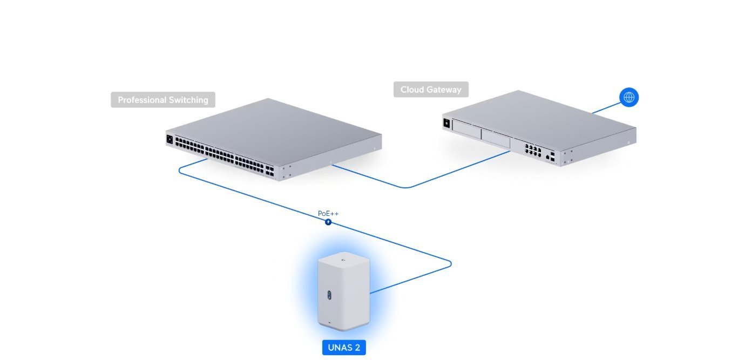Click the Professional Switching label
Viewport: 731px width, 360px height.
click(163, 100)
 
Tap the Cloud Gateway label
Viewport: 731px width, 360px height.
click(431, 90)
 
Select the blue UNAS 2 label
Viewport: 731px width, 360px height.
click(344, 348)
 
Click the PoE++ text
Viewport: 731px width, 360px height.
click(328, 214)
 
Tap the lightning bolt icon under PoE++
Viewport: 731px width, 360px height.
click(328, 222)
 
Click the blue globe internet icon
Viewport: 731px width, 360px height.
click(629, 97)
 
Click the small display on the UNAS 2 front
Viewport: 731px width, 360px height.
click(329, 295)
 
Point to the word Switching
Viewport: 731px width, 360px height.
click(187, 100)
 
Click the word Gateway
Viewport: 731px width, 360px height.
click(445, 90)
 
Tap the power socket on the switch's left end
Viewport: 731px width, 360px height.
click(170, 139)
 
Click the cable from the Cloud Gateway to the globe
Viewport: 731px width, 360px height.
click(604, 108)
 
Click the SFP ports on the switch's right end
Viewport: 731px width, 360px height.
click(269, 172)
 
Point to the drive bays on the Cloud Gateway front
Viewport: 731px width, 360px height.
click(480, 135)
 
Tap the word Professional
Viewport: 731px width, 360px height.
click(142, 100)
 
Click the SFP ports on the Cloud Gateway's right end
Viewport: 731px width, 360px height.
click(550, 158)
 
